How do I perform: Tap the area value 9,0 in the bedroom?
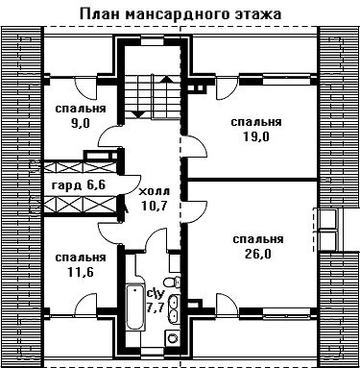(x=81, y=123)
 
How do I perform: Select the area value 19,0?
(x=256, y=136)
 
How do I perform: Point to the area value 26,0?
(x=258, y=254)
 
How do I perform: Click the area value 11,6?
(x=81, y=272)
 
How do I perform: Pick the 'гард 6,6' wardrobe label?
(x=79, y=185)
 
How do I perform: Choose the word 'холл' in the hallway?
(x=155, y=192)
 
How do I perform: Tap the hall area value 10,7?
(x=155, y=206)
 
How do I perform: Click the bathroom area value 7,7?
(x=156, y=307)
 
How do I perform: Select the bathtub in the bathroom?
(x=135, y=307)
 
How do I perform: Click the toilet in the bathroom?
(x=172, y=282)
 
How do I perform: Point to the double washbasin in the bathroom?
(x=174, y=308)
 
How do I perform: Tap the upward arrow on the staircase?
(x=166, y=80)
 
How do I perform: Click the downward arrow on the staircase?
(x=138, y=113)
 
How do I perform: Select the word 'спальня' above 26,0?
(x=258, y=239)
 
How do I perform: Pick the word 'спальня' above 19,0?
(x=256, y=122)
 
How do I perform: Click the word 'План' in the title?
(x=100, y=14)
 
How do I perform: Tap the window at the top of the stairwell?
(x=153, y=42)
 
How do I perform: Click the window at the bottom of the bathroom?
(x=153, y=352)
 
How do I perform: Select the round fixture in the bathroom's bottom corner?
(x=173, y=338)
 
